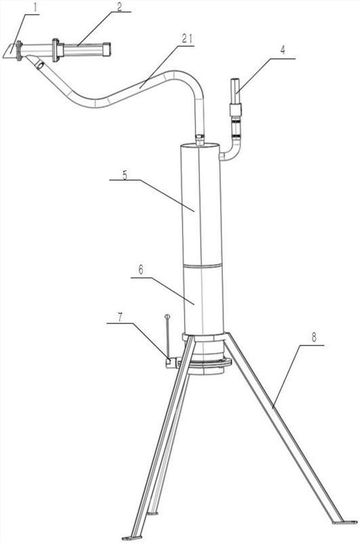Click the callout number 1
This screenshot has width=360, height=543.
(x=36, y=7)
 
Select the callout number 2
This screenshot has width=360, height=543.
(x=119, y=7)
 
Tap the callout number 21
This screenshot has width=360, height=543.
(x=187, y=39)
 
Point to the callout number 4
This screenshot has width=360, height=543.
(x=283, y=50)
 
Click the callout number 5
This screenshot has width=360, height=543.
(x=124, y=175)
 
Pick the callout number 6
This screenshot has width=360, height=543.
(x=141, y=269)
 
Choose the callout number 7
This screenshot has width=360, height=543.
(x=120, y=318)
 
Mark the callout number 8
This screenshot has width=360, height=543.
(x=314, y=337)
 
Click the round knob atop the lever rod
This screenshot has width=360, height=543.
(x=167, y=316)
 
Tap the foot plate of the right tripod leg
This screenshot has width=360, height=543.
(x=345, y=522)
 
